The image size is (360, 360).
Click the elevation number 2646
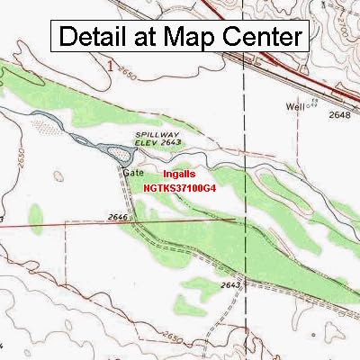pyautogui.click(x=116, y=217)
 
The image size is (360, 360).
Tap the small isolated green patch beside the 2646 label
pyautogui.click(x=35, y=216)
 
